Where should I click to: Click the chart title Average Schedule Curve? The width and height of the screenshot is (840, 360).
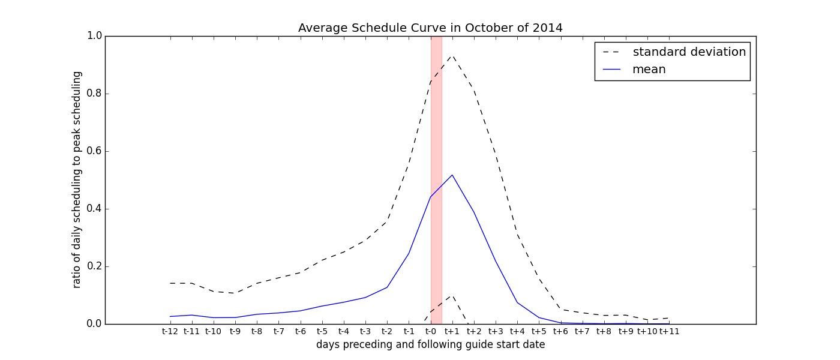[x=430, y=28]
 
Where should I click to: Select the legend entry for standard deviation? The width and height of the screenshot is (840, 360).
[x=689, y=52]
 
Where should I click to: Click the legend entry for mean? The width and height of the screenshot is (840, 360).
[x=649, y=70]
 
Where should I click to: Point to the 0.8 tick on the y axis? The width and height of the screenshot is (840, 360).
[x=94, y=94]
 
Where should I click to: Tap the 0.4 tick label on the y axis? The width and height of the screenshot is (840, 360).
[x=94, y=209]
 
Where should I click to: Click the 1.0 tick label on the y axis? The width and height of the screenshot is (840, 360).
[x=94, y=36]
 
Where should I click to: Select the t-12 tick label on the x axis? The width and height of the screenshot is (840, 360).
[x=170, y=331]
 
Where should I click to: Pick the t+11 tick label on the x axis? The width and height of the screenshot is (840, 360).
[x=669, y=331]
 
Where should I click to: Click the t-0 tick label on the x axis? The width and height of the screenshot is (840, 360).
[x=430, y=331]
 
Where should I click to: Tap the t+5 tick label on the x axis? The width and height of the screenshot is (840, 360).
[x=539, y=331]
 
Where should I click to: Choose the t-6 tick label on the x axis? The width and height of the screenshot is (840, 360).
[x=300, y=331]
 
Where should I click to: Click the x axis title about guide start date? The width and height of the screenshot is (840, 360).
[x=430, y=345]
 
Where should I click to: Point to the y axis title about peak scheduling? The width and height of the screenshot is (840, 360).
[x=77, y=179]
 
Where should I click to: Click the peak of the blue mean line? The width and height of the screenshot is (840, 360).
[x=452, y=175]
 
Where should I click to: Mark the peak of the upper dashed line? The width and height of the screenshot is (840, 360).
[x=452, y=56]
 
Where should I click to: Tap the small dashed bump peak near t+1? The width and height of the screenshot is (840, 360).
[x=452, y=296]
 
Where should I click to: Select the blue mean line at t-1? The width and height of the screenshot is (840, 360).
[x=409, y=253]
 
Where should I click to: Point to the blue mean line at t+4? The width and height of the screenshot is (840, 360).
[x=517, y=302]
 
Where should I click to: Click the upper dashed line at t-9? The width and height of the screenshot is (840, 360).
[x=235, y=293]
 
